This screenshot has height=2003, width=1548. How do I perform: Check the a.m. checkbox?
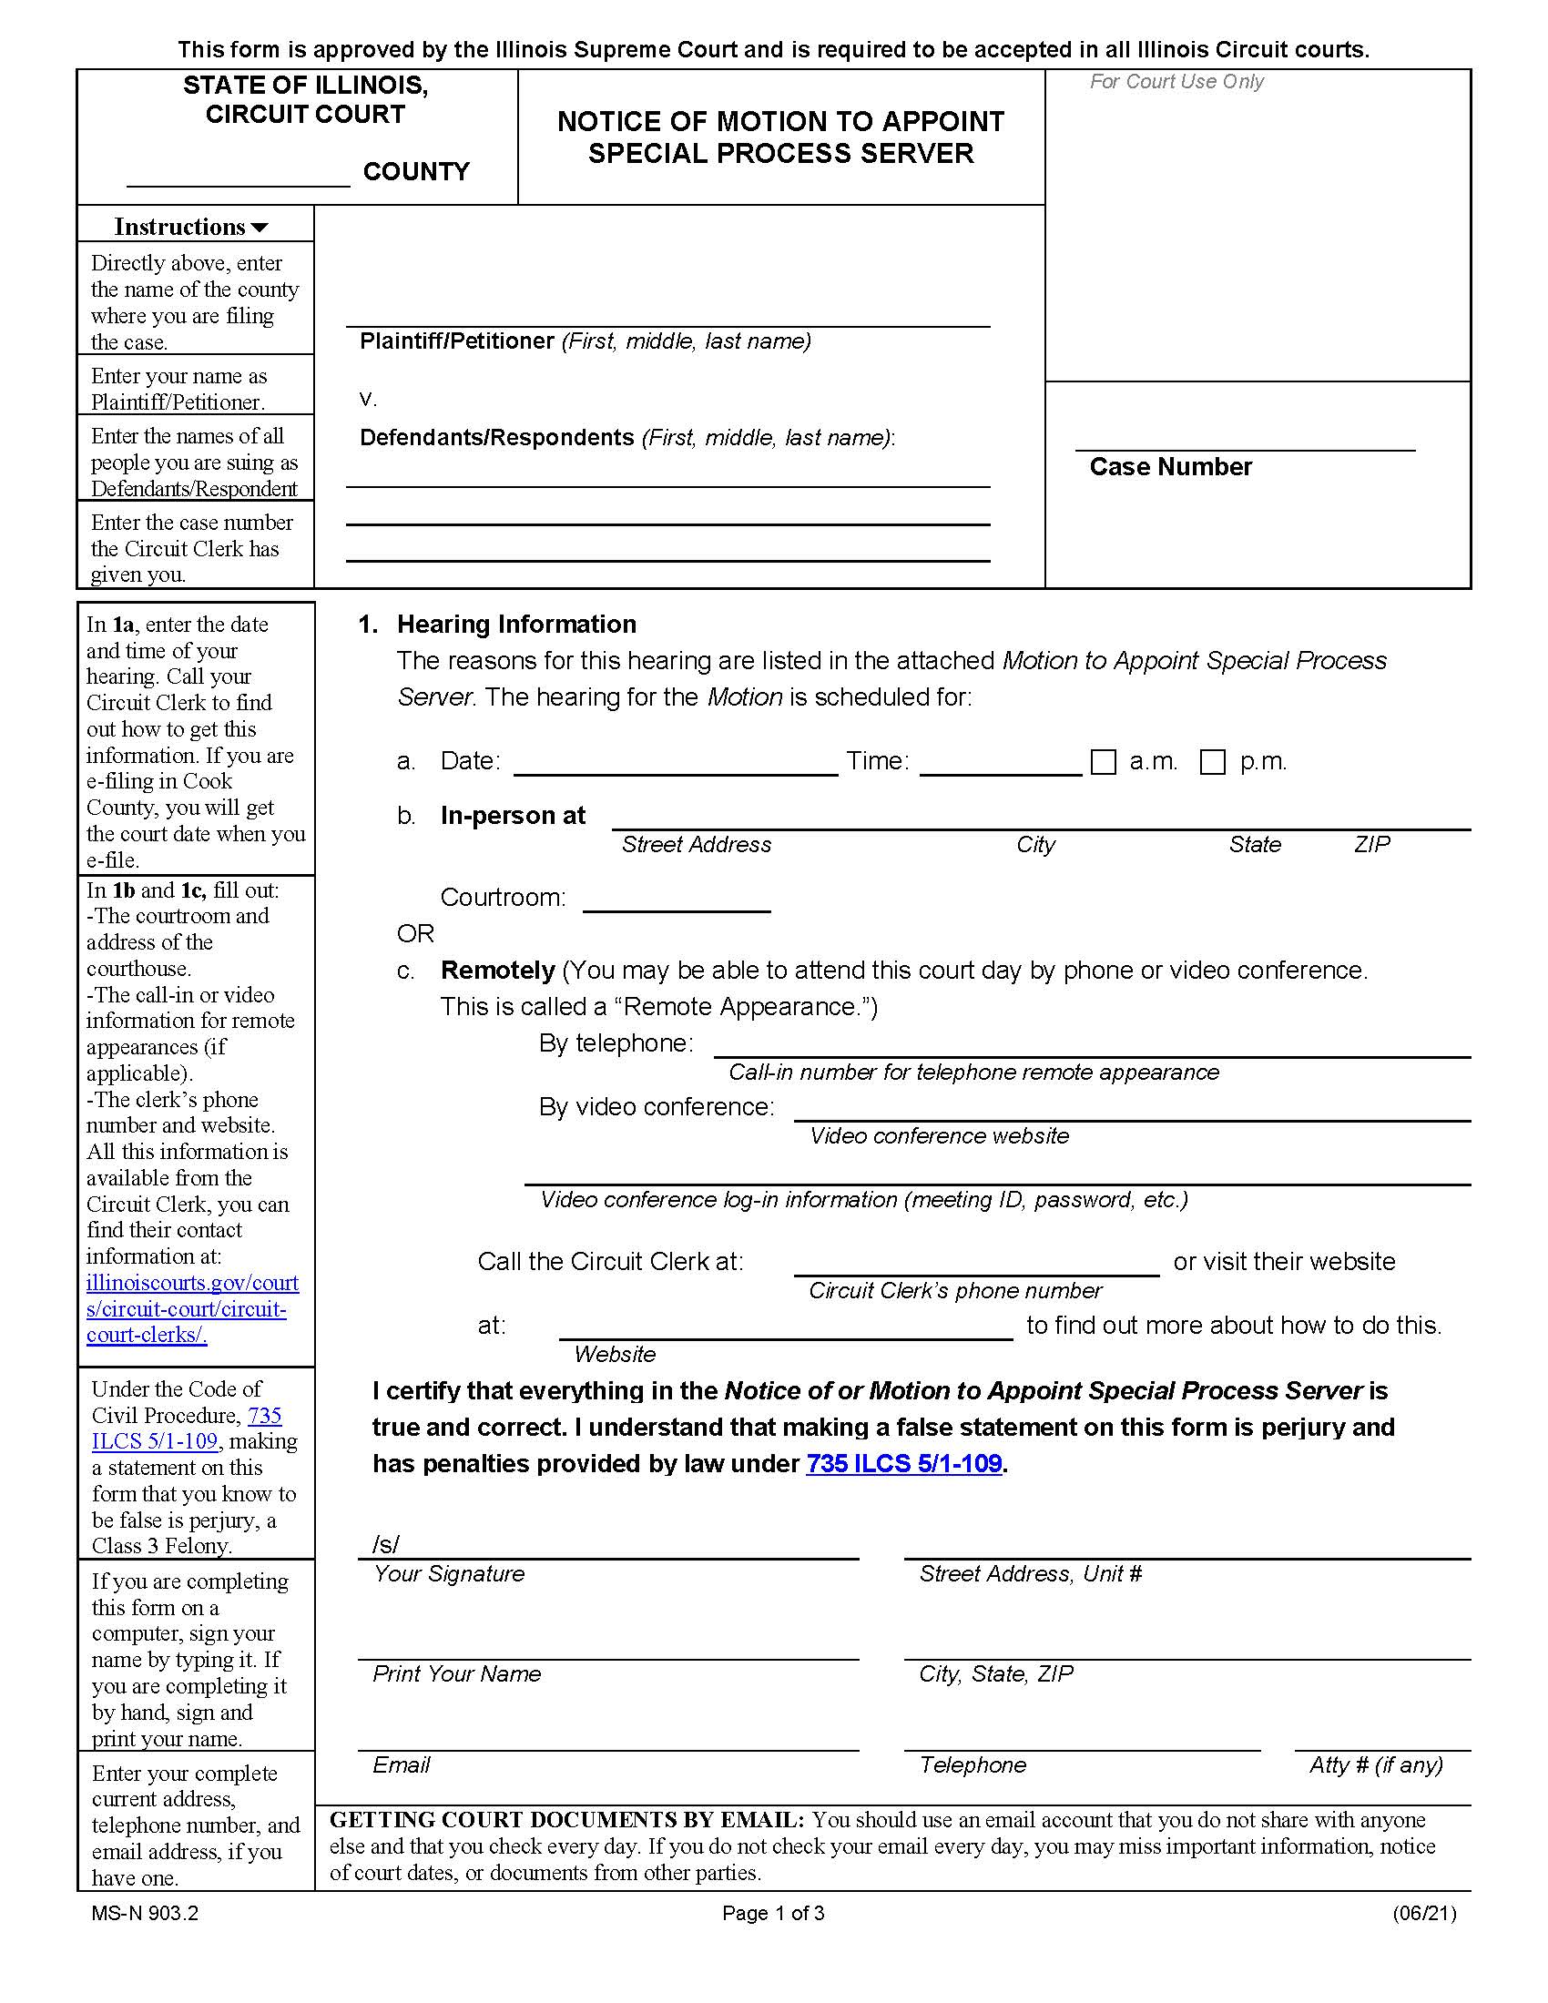1104,762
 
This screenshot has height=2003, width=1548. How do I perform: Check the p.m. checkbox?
1212,762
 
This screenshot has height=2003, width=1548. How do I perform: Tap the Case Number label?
1169,467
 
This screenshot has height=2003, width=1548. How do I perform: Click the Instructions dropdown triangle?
260,228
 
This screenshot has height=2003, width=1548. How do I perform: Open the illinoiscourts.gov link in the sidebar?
191,1308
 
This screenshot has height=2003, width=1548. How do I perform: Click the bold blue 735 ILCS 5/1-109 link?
903,1463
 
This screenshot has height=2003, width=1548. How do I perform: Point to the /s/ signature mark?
385,1544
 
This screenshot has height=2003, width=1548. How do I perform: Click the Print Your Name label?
456,1673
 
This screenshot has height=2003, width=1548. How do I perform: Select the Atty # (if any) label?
1376,1764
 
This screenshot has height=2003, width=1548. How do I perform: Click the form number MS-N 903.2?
145,1913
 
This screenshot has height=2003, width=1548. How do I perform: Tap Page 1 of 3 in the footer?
773,1913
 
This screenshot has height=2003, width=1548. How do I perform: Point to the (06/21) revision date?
1423,1913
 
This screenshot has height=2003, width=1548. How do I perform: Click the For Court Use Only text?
1176,82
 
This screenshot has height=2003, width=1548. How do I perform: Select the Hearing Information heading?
516,625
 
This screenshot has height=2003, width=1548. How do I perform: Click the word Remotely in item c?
497,971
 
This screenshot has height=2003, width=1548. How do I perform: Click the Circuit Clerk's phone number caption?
953,1290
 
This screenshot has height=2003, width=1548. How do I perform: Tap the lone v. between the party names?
368,399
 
